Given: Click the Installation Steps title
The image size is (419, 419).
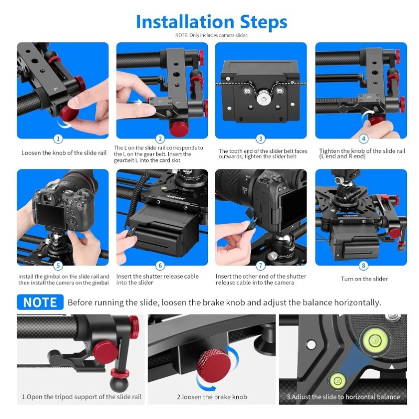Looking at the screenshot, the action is coord(212,22).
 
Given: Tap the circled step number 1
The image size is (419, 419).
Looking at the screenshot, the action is coord(58,139).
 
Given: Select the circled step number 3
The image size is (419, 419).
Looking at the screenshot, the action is coord(260,139).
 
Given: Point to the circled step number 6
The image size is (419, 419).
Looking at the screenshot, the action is coord(160,266).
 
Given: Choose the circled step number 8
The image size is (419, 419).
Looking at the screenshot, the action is coord(363,266).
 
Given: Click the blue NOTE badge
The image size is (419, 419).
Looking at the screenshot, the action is coord(40,302).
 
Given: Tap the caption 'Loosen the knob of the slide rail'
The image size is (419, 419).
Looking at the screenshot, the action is coord(64,153).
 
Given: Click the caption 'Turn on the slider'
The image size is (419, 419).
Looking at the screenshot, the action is coord(364,279).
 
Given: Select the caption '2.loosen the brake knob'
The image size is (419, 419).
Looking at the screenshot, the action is coord(212,397).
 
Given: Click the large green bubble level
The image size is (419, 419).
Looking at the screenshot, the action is coord(373,340).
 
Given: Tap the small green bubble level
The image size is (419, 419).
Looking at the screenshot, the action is coord(336,380).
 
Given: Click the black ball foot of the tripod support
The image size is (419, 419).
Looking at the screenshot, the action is coord(119,383).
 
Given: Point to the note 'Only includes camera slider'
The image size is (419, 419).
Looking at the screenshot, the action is coord(212,35).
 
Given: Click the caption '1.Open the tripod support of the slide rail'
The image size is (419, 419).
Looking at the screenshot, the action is coord(82,397).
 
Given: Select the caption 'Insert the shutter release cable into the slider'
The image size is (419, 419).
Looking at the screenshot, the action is coord(158,279).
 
